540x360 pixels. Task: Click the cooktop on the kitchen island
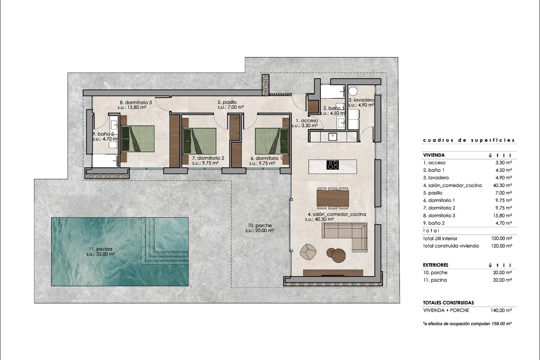point(332,165)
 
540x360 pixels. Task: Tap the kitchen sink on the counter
point(332,137)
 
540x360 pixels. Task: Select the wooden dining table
point(333,198)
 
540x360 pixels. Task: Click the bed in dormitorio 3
point(138,139)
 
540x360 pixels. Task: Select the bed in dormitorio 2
point(199,141)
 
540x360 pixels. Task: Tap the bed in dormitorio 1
point(272,141)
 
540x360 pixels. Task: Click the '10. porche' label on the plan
point(260,226)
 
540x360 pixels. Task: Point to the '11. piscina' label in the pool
point(100,249)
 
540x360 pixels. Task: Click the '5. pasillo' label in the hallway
point(227,102)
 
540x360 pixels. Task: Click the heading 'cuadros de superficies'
point(469,140)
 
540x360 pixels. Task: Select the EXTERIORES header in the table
point(435,265)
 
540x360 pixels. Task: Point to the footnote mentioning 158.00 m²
point(467,324)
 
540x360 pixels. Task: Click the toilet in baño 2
point(113,145)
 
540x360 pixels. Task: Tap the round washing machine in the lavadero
point(353,91)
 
